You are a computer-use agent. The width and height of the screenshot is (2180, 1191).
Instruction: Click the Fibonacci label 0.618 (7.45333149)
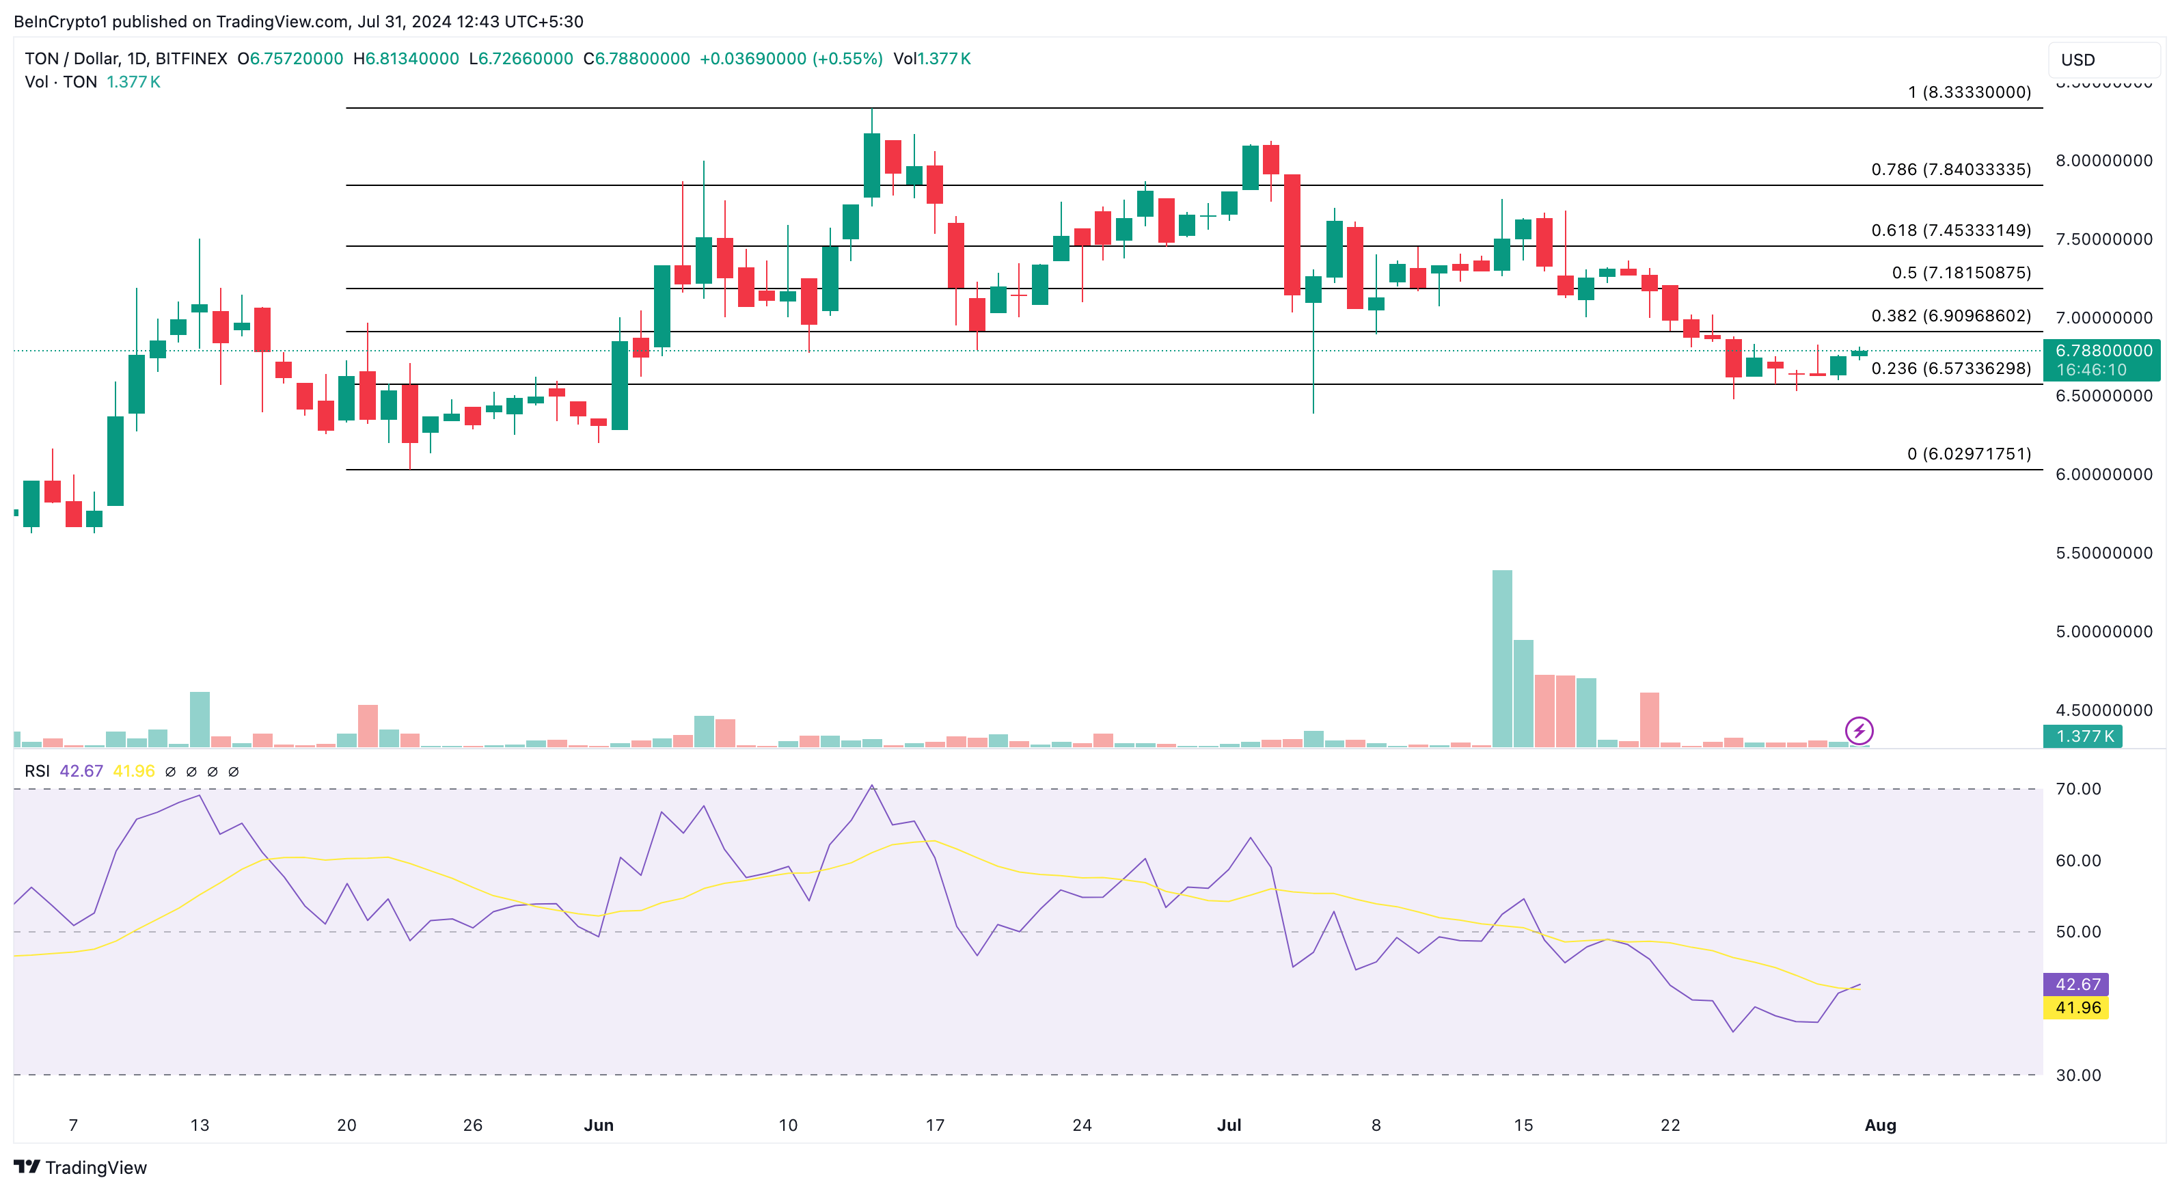click(1950, 230)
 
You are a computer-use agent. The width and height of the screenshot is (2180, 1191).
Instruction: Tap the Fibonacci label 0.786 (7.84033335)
click(1950, 170)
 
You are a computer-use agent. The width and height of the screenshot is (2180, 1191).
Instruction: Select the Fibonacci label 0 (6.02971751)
click(1968, 454)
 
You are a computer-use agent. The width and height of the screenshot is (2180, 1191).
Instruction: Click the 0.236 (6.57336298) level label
click(1950, 369)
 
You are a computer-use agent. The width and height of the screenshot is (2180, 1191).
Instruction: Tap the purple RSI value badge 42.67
click(2077, 985)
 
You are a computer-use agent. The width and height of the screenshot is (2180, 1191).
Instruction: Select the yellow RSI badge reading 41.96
click(2077, 1007)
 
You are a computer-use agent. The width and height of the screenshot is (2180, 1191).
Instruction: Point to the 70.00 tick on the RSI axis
click(2077, 789)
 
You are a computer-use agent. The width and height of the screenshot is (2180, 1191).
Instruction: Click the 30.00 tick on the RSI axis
click(2077, 1075)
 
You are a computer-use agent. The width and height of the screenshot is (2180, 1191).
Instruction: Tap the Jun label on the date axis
click(599, 1125)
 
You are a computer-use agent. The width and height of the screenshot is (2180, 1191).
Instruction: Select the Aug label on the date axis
click(1879, 1125)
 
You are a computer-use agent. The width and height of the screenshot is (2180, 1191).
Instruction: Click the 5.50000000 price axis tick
click(2103, 552)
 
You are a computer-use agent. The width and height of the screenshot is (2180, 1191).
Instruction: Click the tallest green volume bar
click(1502, 660)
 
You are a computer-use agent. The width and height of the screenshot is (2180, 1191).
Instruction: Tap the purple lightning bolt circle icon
click(1858, 730)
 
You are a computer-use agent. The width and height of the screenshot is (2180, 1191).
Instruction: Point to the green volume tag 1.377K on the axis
click(2084, 736)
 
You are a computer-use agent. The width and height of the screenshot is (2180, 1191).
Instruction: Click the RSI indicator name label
click(37, 771)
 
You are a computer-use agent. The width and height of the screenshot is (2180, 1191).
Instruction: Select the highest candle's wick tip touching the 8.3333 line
click(872, 110)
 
